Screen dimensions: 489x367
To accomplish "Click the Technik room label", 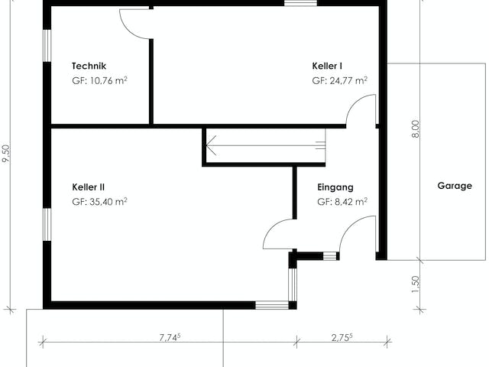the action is click(89, 66).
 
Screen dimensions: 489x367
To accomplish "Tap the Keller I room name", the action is click(327, 66).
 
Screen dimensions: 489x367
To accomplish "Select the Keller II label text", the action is click(89, 187).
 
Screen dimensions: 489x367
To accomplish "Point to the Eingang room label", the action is click(335, 187).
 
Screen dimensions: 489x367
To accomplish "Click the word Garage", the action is click(455, 186).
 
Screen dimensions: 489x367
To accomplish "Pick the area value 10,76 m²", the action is click(108, 80).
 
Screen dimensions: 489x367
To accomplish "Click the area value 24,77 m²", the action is click(348, 80).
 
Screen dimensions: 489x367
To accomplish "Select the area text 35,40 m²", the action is click(108, 202).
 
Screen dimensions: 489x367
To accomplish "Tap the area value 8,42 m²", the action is click(351, 202).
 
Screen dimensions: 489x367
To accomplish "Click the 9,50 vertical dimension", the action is click(6, 153).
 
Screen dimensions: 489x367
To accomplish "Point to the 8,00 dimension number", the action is click(416, 129).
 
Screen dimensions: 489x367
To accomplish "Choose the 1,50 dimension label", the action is click(416, 284).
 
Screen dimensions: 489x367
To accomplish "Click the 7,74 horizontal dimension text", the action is click(170, 337).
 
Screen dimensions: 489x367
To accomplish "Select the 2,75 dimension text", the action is click(342, 337).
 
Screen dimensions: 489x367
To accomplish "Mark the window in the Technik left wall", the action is click(47, 46).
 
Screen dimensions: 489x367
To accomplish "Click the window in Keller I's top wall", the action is click(300, 3).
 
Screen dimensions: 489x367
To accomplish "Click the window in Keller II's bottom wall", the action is click(272, 305).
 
